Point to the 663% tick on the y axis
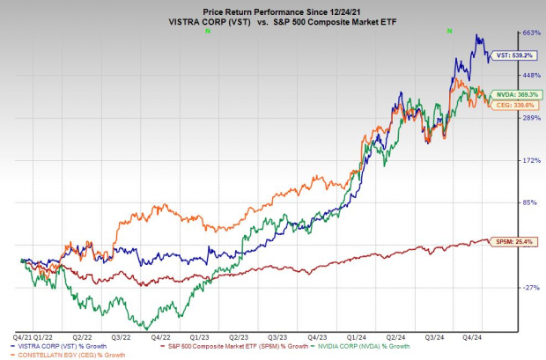[530, 33]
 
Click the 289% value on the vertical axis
[530, 117]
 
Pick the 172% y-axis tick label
[530, 160]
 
